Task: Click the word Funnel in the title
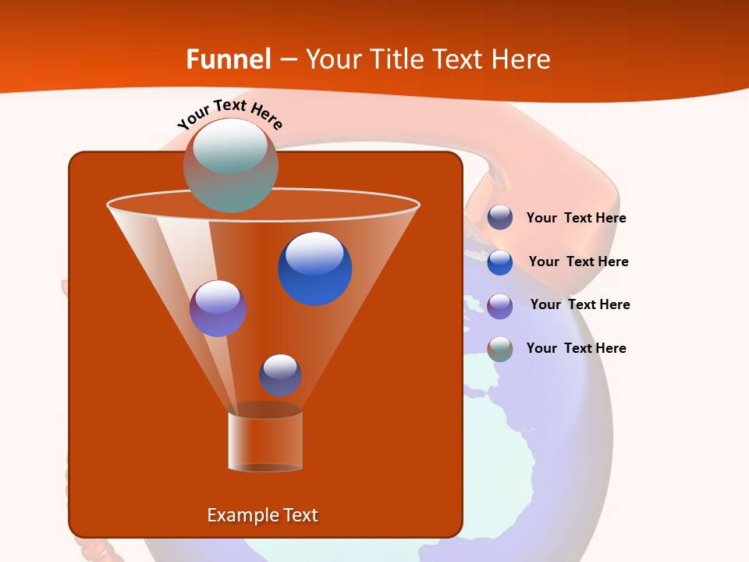229,59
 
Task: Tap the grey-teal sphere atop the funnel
230,165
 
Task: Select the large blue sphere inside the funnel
314,269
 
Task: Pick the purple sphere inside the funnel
218,308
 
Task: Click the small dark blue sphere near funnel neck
280,375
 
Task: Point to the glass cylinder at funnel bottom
265,441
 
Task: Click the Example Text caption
262,515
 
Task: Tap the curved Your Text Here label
230,115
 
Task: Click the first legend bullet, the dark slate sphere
500,218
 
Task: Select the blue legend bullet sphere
500,262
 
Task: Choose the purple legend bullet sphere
500,306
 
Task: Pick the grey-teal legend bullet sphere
500,349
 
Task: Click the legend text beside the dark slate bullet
576,219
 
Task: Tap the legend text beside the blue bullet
578,262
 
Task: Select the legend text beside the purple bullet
580,305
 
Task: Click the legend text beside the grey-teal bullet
576,348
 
